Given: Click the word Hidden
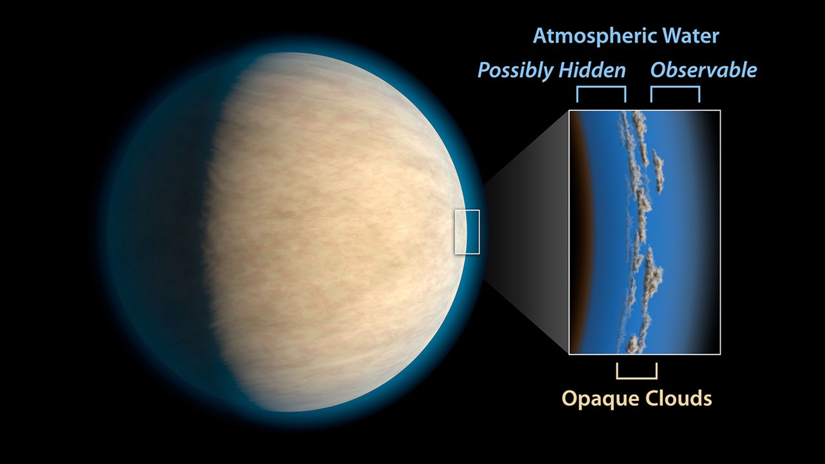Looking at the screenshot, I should tap(592, 70).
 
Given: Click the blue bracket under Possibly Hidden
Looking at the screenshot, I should tap(601, 87).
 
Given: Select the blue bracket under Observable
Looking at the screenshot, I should tap(675, 87).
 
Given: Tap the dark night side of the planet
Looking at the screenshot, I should tap(160, 231).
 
